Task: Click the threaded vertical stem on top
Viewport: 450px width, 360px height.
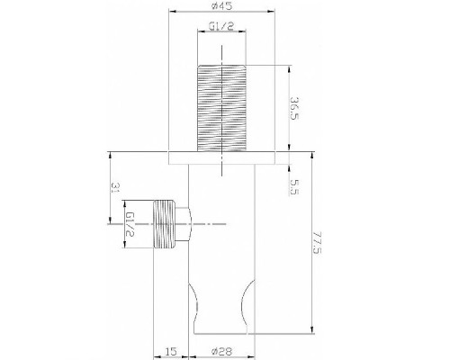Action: [220, 108]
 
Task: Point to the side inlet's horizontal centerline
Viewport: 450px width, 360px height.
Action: [207, 223]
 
